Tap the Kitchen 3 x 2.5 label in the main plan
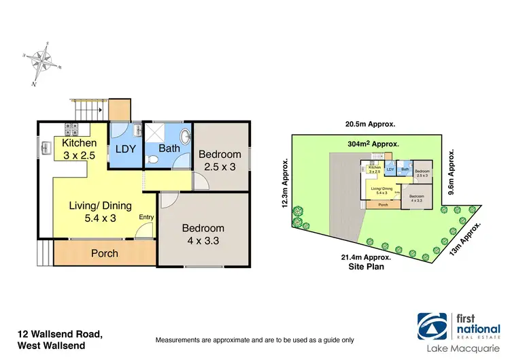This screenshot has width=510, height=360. pyautogui.click(x=80, y=149)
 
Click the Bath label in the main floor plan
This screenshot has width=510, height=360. pyautogui.click(x=168, y=148)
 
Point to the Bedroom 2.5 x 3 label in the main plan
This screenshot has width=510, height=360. pyautogui.click(x=220, y=160)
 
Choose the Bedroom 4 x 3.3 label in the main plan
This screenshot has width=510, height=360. pyautogui.click(x=203, y=234)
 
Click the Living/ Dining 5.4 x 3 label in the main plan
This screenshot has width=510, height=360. pyautogui.click(x=99, y=211)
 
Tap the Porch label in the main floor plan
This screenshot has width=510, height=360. pyautogui.click(x=105, y=253)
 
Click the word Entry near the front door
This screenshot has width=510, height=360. pyautogui.click(x=146, y=217)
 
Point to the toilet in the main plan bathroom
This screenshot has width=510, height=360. pyautogui.click(x=154, y=159)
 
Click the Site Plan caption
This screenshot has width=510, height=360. pyautogui.click(x=367, y=267)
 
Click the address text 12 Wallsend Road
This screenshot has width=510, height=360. pyautogui.click(x=60, y=333)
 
